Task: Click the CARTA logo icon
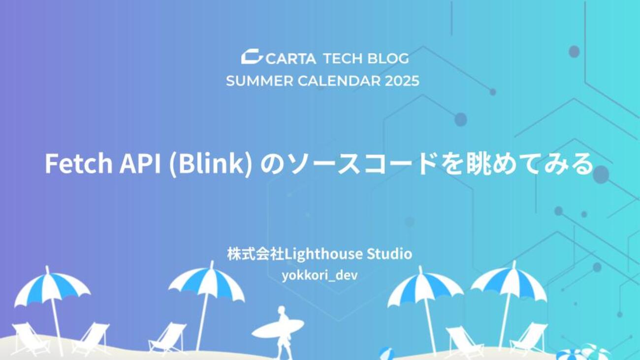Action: pyautogui.click(x=252, y=56)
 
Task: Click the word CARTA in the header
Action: pyautogui.click(x=291, y=59)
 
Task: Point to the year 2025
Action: pyautogui.click(x=402, y=81)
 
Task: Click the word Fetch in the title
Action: pyautogui.click(x=79, y=164)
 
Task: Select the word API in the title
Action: pyautogui.click(x=140, y=164)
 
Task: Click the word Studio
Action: pyautogui.click(x=389, y=254)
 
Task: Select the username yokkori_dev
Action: pyautogui.click(x=320, y=276)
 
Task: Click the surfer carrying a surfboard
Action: pyautogui.click(x=283, y=331)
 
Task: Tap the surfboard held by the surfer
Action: pyautogui.click(x=278, y=328)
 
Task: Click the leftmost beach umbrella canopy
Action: pyautogui.click(x=52, y=289)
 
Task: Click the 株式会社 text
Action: pyautogui.click(x=256, y=254)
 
